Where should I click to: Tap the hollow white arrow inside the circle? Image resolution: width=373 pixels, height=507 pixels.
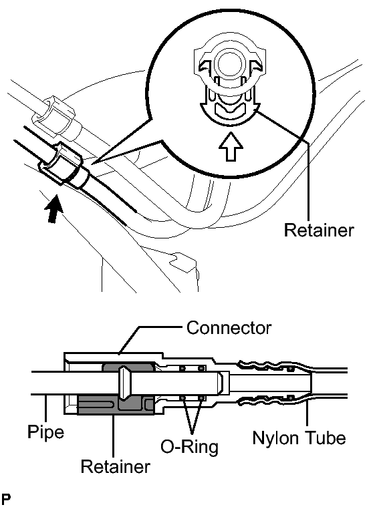tap(231, 146)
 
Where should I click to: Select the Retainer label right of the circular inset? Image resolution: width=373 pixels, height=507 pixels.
tap(319, 230)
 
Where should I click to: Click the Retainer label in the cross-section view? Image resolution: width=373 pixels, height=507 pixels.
tap(115, 466)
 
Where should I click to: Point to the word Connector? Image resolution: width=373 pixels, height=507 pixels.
tap(229, 327)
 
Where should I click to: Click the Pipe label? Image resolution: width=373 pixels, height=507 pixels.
tap(45, 432)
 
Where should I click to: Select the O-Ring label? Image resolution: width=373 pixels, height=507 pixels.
tap(190, 447)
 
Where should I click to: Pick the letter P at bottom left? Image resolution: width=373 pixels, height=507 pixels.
tap(6, 500)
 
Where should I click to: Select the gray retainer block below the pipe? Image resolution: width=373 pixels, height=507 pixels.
tap(116, 405)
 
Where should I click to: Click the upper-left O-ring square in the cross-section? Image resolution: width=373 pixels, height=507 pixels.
tap(182, 368)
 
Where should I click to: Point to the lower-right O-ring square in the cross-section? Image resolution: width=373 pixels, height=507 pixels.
tap(202, 397)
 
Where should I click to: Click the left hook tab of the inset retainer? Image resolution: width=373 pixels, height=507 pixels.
tap(204, 65)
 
